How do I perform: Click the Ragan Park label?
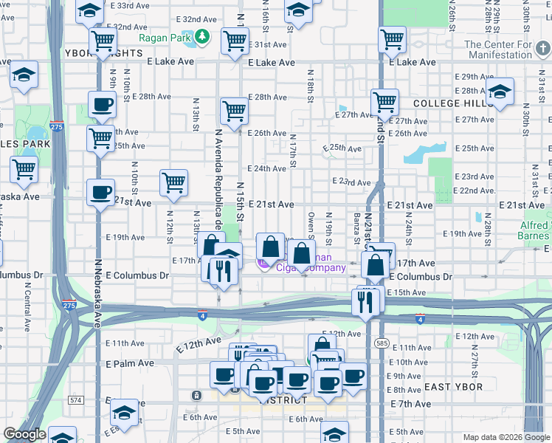163,36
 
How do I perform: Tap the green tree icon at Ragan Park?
202,36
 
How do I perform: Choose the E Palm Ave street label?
130,364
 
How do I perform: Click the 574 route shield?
75,400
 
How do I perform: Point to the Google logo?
24,434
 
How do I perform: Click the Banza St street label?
356,229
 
